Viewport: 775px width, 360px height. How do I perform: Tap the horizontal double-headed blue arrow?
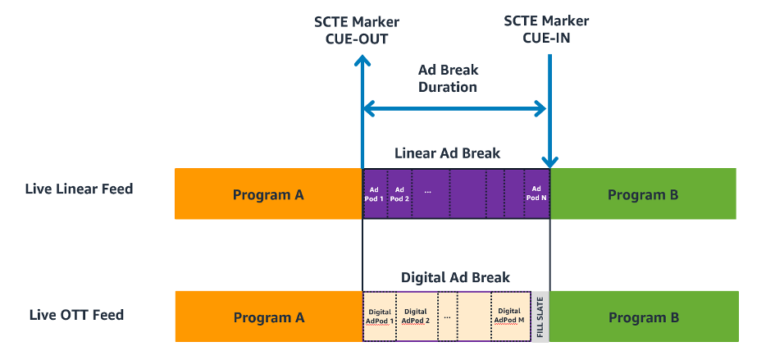[454, 107]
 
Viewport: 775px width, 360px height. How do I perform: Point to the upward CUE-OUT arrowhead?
[362, 63]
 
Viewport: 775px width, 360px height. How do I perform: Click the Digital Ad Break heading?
[455, 277]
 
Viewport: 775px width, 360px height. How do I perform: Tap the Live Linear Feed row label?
[79, 189]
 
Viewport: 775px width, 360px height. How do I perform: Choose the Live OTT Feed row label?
[76, 315]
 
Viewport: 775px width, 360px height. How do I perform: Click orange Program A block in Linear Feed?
[268, 194]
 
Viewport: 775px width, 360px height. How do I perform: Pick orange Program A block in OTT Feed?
[268, 317]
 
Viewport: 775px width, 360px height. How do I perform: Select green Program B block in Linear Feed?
[643, 194]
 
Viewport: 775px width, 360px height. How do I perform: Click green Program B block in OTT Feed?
[643, 317]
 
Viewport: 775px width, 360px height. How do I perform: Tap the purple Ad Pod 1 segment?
[375, 194]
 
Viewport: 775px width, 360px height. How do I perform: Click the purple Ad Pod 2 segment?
[399, 194]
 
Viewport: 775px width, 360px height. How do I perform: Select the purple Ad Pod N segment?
[536, 194]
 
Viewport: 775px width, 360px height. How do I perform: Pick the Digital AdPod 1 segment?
[380, 317]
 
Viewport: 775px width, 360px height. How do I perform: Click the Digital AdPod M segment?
[509, 317]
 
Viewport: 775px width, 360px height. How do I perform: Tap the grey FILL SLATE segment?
[540, 317]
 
